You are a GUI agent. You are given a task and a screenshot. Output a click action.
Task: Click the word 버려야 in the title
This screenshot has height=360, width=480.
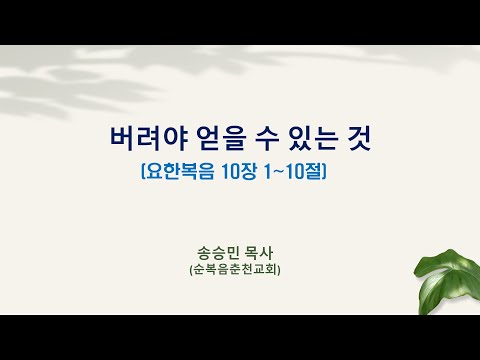(x=148, y=138)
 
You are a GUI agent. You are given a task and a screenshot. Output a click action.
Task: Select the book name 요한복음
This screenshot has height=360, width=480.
(x=180, y=172)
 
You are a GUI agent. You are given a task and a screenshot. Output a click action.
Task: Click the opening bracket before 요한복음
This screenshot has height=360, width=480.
(x=143, y=172)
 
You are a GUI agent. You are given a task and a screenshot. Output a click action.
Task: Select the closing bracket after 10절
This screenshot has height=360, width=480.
(x=324, y=172)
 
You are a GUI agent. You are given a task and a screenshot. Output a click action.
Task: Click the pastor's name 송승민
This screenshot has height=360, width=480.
(x=218, y=253)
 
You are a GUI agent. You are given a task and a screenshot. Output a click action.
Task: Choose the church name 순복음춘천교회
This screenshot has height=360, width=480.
(x=235, y=269)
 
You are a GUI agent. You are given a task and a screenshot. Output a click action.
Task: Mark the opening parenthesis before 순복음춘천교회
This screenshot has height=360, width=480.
(x=191, y=270)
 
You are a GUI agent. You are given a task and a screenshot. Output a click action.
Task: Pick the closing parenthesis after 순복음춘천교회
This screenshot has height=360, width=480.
(x=279, y=270)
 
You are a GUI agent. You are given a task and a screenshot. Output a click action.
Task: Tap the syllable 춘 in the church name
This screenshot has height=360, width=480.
(x=235, y=269)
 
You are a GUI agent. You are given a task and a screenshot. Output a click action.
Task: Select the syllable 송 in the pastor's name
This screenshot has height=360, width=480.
(x=204, y=253)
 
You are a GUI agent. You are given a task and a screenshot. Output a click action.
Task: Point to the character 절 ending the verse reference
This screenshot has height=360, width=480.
(x=314, y=172)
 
